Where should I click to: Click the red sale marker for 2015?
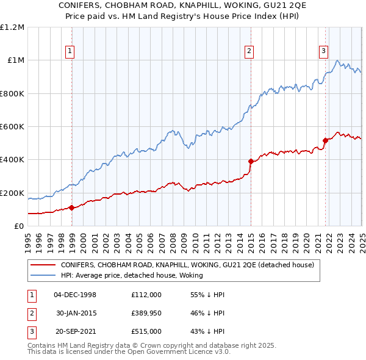pos(251,161)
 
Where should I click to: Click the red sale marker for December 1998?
pos(71,207)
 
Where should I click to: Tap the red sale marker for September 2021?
pos(325,140)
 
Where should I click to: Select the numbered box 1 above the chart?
pos(71,51)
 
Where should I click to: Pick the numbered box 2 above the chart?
pos(250,51)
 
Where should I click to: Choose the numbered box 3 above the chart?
pos(324,51)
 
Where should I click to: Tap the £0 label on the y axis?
pos(18,226)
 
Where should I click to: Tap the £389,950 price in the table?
pos(146,314)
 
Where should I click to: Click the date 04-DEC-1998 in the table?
pos(75,294)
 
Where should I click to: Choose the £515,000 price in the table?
pos(146,333)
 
